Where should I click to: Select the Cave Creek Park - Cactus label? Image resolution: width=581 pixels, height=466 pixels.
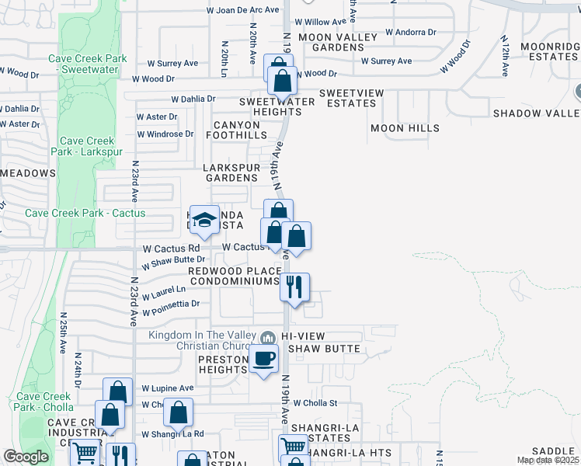[85, 213]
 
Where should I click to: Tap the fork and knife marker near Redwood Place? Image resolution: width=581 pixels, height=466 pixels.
[294, 287]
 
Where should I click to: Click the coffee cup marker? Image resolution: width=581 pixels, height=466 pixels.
[263, 359]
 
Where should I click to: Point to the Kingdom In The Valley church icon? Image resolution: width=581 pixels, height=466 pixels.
[268, 336]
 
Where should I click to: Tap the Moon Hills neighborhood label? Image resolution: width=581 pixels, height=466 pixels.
[405, 128]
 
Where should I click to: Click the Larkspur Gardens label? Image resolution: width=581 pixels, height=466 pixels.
[231, 172]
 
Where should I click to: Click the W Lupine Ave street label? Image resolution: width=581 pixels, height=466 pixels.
[165, 388]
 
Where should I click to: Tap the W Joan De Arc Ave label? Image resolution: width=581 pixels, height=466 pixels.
[242, 10]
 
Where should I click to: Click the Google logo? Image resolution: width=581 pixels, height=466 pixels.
[26, 457]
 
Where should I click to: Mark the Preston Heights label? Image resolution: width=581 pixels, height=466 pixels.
[223, 364]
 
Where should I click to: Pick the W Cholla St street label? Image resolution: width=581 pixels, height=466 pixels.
[315, 403]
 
